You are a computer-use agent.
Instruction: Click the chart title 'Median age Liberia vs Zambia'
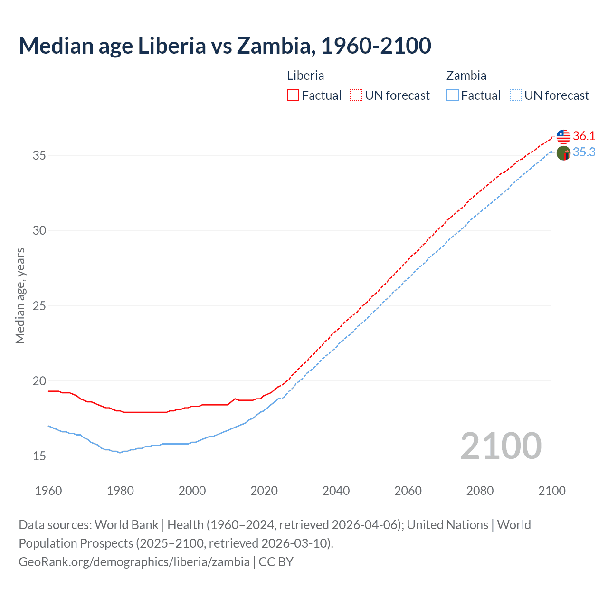pos(225,46)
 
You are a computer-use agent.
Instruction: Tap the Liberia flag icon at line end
pos(563,136)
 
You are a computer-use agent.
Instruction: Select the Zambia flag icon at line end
pos(563,153)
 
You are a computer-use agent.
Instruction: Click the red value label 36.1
pos(584,136)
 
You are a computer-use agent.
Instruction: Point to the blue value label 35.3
pos(584,152)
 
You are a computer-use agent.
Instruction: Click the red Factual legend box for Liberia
pos(293,95)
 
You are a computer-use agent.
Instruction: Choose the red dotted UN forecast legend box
pos(356,95)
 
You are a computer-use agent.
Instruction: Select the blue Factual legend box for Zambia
pos(453,95)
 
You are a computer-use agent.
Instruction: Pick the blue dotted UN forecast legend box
pos(516,95)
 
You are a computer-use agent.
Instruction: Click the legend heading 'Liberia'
pos(305,76)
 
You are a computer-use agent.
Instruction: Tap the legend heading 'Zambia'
pos(466,76)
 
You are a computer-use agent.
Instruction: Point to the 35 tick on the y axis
pos(39,155)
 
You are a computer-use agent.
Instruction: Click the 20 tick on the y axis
pos(39,381)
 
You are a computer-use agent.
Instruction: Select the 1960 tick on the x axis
pos(48,491)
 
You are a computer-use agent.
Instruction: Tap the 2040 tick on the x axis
pos(336,491)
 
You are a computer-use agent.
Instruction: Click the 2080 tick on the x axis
pos(480,491)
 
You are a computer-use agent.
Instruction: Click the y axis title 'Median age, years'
pos(20,295)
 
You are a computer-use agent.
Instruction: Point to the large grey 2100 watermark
pos(501,446)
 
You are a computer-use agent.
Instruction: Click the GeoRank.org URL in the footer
pos(134,561)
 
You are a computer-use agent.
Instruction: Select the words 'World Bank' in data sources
pos(126,525)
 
